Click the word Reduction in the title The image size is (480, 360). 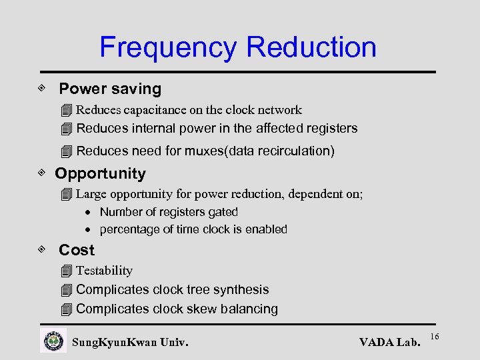[x=311, y=47]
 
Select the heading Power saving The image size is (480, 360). [x=110, y=89]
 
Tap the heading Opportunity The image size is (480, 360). [x=100, y=174]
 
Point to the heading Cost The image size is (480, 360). [x=77, y=251]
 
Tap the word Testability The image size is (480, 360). [x=104, y=271]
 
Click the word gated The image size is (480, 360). [x=223, y=212]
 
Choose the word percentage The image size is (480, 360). [x=129, y=229]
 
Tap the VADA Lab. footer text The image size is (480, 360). [x=389, y=343]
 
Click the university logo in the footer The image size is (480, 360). [x=53, y=341]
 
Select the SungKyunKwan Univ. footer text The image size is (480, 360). [x=130, y=343]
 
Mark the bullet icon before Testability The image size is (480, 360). [x=65, y=271]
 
